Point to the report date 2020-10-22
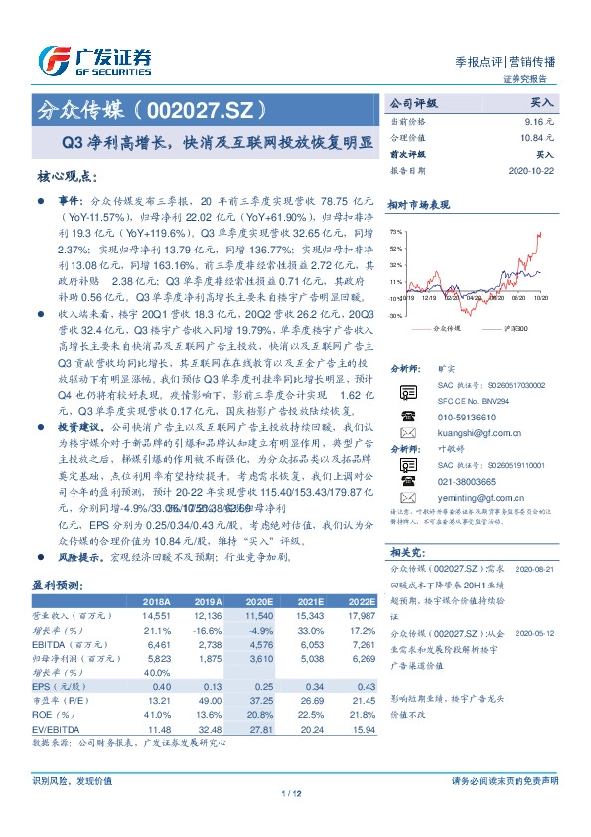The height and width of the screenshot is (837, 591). [532, 170]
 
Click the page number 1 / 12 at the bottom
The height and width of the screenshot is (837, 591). [294, 794]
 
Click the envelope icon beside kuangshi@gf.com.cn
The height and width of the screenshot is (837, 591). [407, 433]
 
